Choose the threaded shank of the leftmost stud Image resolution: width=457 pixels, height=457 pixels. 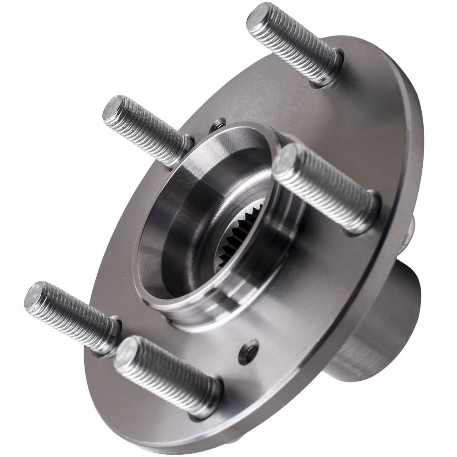[73, 315]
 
